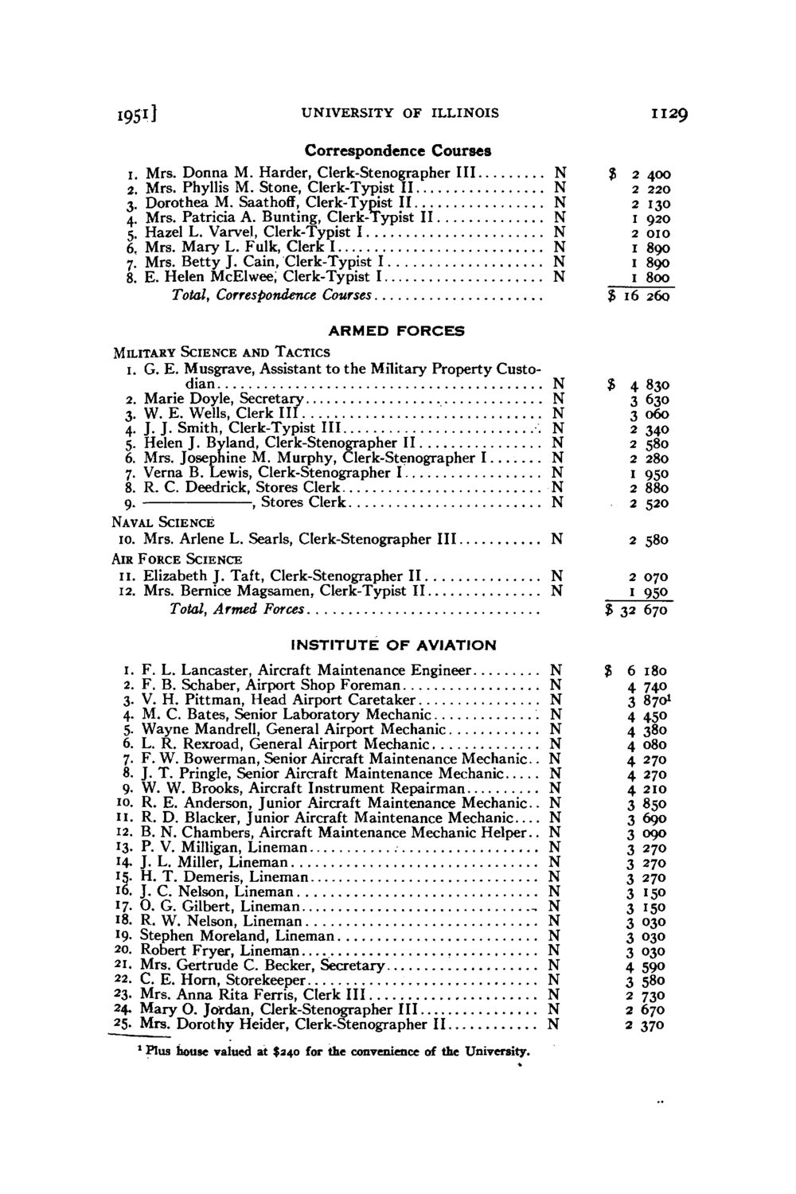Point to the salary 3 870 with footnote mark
[648, 700]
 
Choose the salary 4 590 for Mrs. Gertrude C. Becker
[647, 966]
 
